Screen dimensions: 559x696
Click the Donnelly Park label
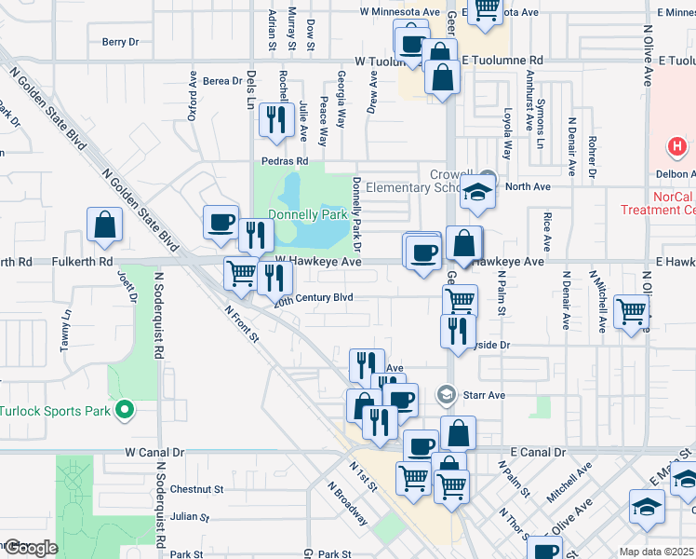pos(307,214)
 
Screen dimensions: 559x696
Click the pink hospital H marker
pos(677,147)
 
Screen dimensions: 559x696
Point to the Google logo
pos(30,548)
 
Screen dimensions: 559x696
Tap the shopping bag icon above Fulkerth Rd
pos(104,226)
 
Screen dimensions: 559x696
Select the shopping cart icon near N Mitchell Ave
pos(632,311)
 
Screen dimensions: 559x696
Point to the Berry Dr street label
pos(120,42)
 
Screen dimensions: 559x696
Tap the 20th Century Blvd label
pos(313,298)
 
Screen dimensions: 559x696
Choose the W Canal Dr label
pos(155,452)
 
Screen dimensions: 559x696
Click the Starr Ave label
pos(484,395)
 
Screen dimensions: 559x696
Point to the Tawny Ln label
pos(66,330)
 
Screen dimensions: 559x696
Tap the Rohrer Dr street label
pos(593,156)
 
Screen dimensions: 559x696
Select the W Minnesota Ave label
pos(400,12)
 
